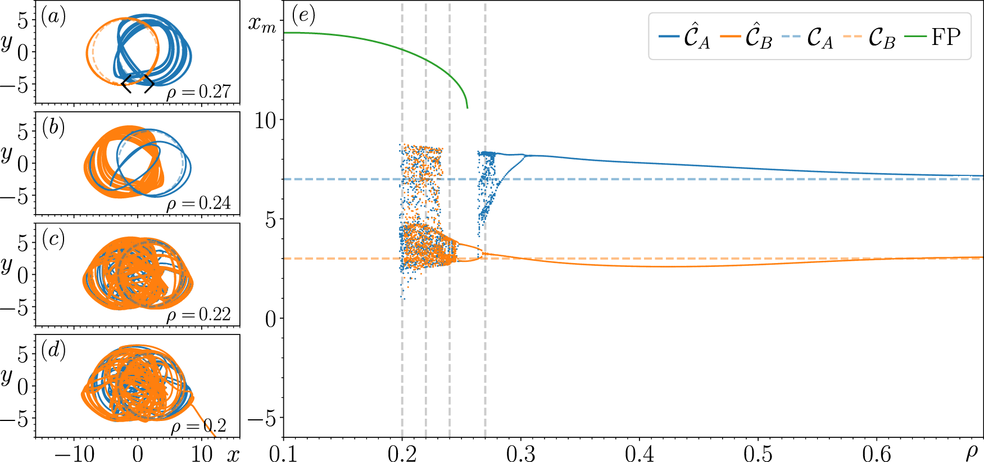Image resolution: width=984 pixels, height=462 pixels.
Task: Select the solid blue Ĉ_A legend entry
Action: tap(684, 37)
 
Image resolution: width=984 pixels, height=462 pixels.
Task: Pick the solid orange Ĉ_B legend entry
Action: tap(746, 37)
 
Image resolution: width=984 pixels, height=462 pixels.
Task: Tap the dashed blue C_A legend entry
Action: tap(808, 37)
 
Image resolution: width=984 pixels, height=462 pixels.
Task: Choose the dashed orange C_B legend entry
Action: tap(869, 37)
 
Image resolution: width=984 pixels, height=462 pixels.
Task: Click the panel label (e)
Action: tap(303, 15)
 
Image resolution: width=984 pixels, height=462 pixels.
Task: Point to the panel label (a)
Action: tap(53, 17)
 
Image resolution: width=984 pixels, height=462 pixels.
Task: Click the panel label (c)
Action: tap(53, 239)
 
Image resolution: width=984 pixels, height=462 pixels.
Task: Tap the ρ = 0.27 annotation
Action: tap(199, 92)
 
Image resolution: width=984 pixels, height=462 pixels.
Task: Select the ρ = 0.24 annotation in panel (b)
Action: tap(199, 203)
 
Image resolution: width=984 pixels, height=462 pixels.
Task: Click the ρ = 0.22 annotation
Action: tap(199, 314)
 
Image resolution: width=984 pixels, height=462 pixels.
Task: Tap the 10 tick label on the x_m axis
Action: tap(266, 120)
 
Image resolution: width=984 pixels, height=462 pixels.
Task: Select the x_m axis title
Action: tap(262, 24)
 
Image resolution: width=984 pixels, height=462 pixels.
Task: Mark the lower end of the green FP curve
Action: tap(467, 107)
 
